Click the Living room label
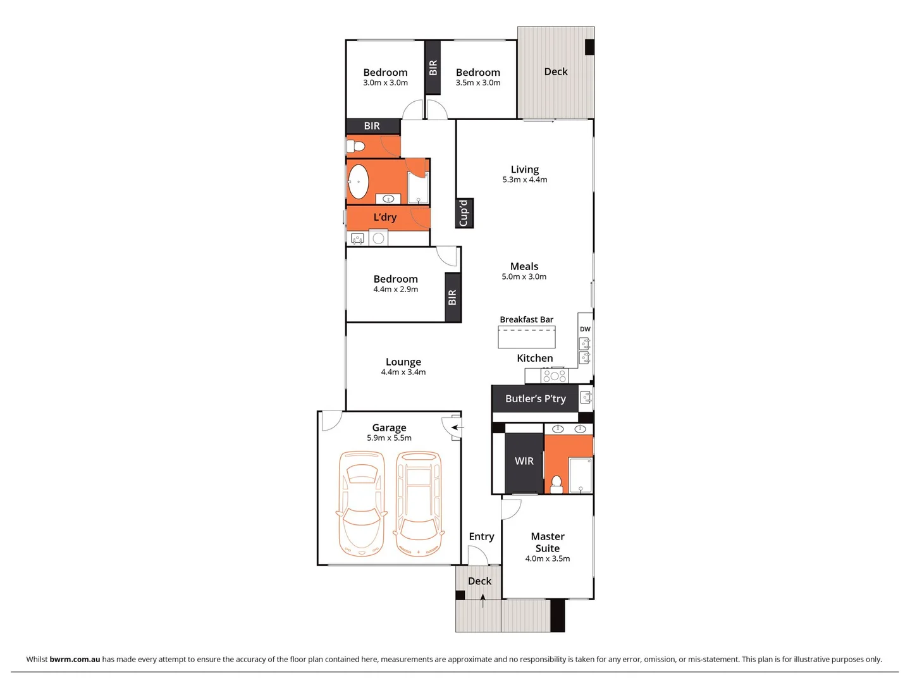(x=524, y=169)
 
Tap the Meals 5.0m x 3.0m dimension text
(x=524, y=277)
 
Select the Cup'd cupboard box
(x=464, y=213)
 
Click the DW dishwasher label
(x=585, y=329)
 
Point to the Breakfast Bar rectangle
(x=526, y=337)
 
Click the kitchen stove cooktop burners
(x=554, y=376)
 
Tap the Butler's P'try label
(x=535, y=399)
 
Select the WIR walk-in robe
(x=524, y=462)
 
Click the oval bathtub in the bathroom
(x=359, y=182)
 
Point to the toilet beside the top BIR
(x=355, y=147)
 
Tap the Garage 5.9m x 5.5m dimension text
(x=389, y=438)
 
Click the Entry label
(x=481, y=537)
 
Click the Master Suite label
(x=547, y=543)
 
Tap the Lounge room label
(x=403, y=362)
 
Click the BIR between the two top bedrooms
(x=433, y=68)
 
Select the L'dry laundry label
(x=384, y=218)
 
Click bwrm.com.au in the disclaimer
(x=75, y=659)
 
